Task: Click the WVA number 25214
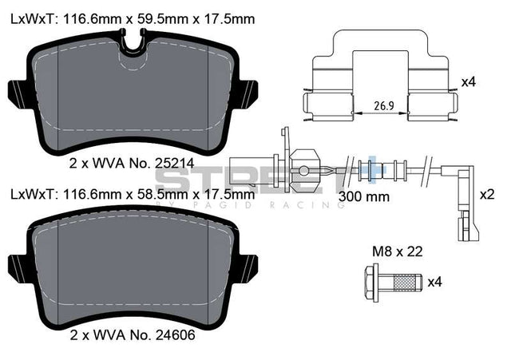pos(174,163)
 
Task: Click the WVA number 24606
pos(175,334)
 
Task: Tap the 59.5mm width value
pos(162,19)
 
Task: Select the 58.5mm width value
pos(162,195)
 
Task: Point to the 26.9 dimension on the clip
pos(384,106)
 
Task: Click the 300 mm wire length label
pos(364,196)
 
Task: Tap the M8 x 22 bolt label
pos(398,251)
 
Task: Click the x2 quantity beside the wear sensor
pos(487,195)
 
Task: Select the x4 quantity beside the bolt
pos(434,282)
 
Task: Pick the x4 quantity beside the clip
pos(469,82)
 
